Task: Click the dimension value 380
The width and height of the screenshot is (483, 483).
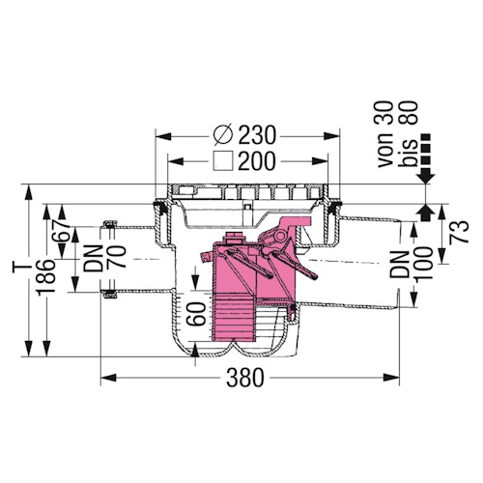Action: point(245,378)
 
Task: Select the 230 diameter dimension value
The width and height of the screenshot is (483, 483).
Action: point(257,134)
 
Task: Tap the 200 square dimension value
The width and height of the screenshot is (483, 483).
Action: point(257,160)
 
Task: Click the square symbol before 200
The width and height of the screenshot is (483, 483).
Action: point(223,160)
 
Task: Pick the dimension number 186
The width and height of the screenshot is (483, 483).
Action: point(45,277)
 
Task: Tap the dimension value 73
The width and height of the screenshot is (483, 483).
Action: point(460,231)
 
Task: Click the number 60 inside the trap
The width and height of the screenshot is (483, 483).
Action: point(196,314)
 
